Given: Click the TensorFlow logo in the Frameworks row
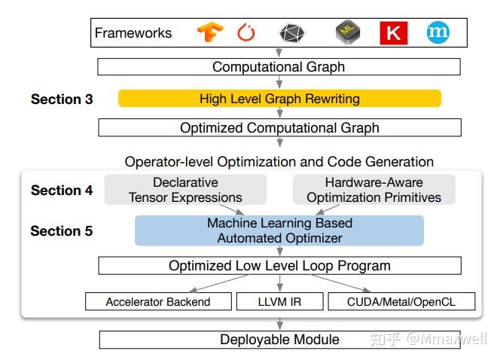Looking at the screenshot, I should tap(210, 32).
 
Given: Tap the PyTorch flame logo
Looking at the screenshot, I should tap(246, 33).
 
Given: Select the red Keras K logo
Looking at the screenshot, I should tap(393, 33).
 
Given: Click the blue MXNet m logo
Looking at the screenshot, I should tap(437, 32).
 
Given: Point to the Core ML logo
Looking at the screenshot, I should tap(348, 32).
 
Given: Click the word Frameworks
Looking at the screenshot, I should tap(133, 33).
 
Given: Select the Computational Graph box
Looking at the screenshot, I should tap(279, 67).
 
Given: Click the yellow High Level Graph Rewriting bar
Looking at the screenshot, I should tap(279, 99).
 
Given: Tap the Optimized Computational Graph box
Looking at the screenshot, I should tap(279, 128).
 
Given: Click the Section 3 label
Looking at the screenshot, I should tap(62, 99).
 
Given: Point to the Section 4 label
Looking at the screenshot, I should tap(62, 191).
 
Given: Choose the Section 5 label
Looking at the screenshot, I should tap(62, 231).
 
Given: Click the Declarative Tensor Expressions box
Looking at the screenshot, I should tap(185, 190).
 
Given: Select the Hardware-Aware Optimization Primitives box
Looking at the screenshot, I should tap(373, 190).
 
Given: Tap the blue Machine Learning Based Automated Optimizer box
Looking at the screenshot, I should tap(279, 230).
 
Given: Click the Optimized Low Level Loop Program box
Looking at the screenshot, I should tap(279, 266).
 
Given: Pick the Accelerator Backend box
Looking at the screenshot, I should tap(158, 302).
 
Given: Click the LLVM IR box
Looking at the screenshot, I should tap(279, 302).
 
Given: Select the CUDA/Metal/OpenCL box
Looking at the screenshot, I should tap(402, 302).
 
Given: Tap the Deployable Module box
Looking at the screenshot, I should tap(279, 340).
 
